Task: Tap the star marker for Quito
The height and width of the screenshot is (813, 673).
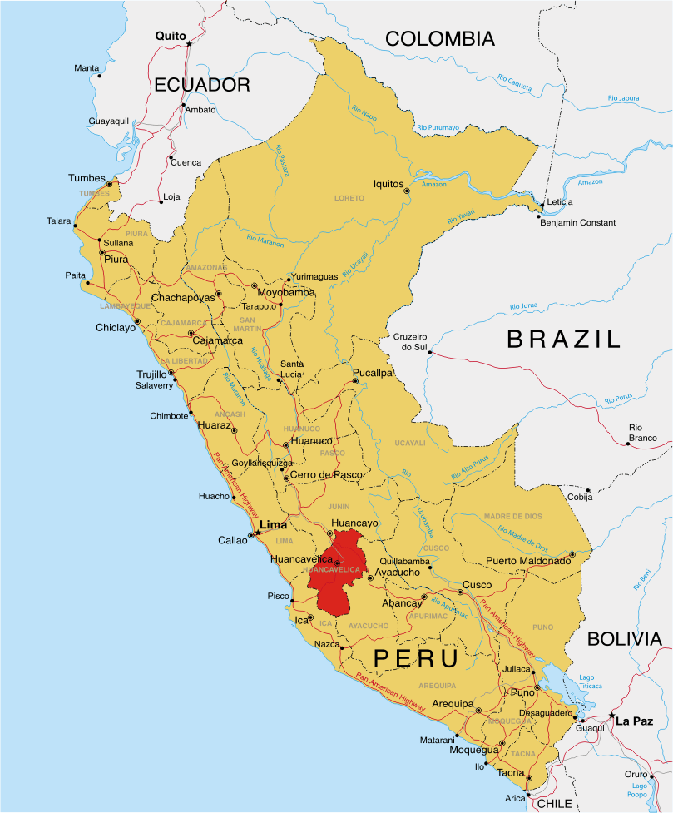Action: click(189, 43)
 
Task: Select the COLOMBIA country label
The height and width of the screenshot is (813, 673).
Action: click(439, 38)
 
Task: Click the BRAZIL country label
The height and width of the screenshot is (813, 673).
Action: click(564, 339)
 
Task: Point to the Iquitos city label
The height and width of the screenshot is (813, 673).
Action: click(388, 184)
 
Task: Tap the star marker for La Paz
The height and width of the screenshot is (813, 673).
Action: click(611, 716)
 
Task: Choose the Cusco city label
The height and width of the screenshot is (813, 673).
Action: click(477, 585)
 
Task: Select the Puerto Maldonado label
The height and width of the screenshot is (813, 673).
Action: click(528, 561)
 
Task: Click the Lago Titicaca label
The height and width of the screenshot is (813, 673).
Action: click(586, 682)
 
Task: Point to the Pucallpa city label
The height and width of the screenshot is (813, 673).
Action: click(372, 373)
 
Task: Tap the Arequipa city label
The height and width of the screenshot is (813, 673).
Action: click(453, 704)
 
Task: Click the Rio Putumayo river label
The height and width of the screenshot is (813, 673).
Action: click(438, 127)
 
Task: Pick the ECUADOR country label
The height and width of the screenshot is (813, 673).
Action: click(201, 85)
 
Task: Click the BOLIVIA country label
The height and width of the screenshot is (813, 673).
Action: click(624, 639)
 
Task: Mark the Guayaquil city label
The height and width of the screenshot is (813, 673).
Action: click(109, 121)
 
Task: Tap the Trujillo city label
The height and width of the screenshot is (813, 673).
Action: click(151, 374)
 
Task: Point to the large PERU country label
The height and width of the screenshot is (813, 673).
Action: click(416, 658)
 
